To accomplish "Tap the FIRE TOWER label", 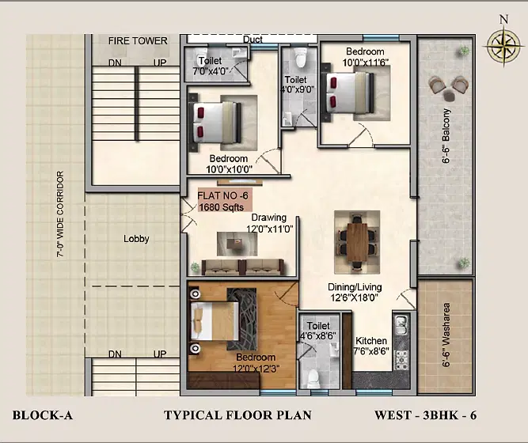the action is click(138, 40).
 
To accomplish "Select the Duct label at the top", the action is click(253, 40).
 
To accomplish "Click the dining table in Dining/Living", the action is click(357, 242).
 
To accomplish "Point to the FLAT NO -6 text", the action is click(222, 195).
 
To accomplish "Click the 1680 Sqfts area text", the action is click(222, 206).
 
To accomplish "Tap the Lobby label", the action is click(136, 239).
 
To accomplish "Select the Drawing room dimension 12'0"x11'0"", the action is click(270, 229).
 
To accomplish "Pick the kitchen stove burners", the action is click(401, 361).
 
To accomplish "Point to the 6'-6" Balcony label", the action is click(446, 135).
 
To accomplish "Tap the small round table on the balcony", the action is click(449, 96).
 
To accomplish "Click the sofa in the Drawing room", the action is click(243, 267).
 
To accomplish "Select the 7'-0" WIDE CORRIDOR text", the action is click(60, 214).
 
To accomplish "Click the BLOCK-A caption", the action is click(43, 415).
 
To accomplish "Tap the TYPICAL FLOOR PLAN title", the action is click(237, 415).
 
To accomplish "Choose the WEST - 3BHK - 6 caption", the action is click(426, 415).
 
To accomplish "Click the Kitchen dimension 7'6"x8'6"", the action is click(371, 351).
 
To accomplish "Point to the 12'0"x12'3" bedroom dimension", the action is click(256, 369).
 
